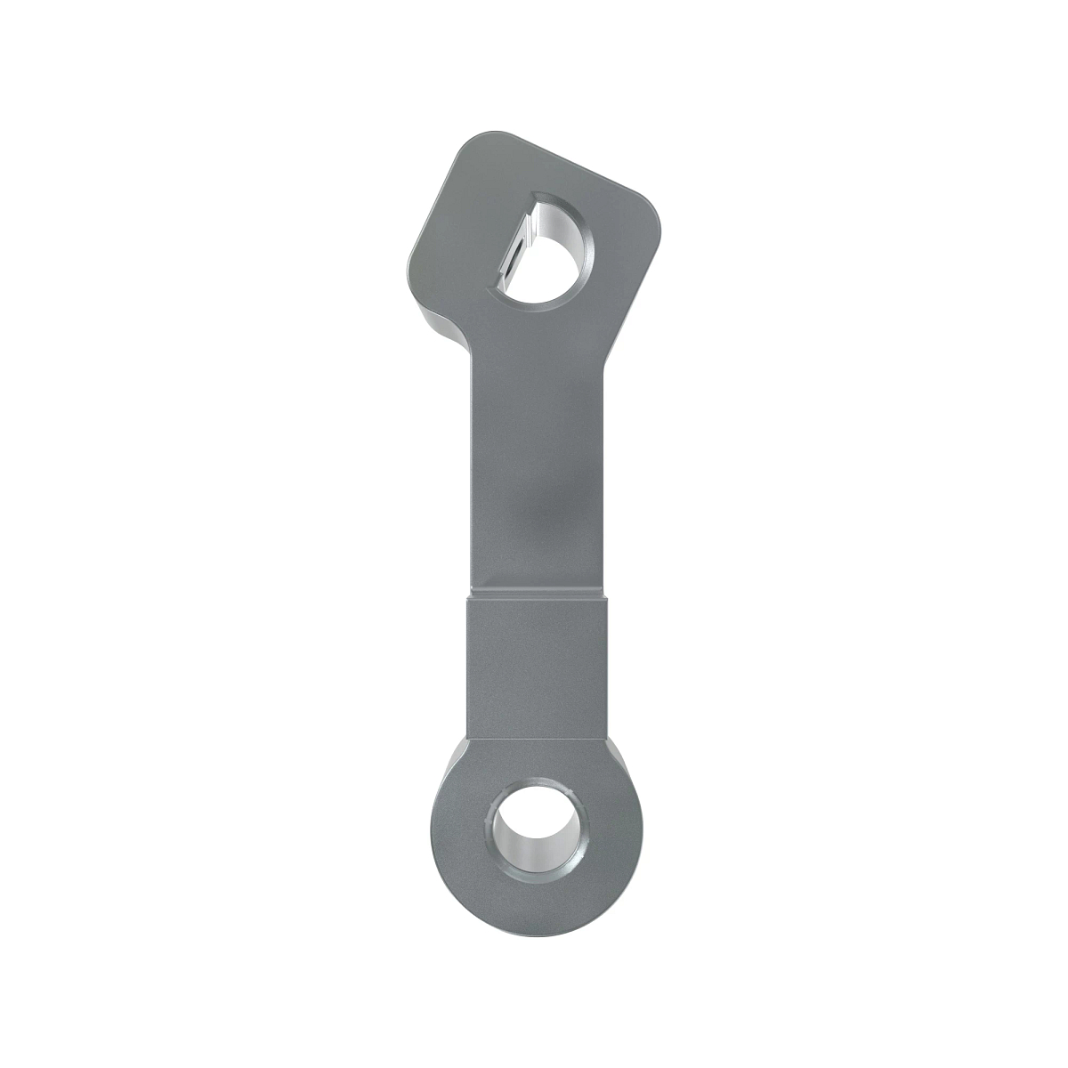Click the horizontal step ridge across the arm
[536, 590]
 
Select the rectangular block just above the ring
[536, 667]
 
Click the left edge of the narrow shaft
[465, 472]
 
